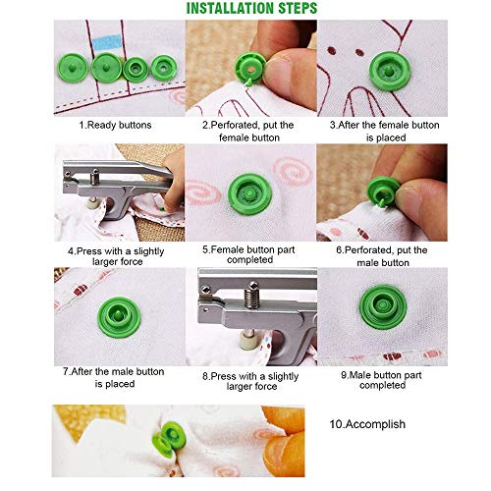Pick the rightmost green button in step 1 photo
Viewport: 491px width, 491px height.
click(x=161, y=68)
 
